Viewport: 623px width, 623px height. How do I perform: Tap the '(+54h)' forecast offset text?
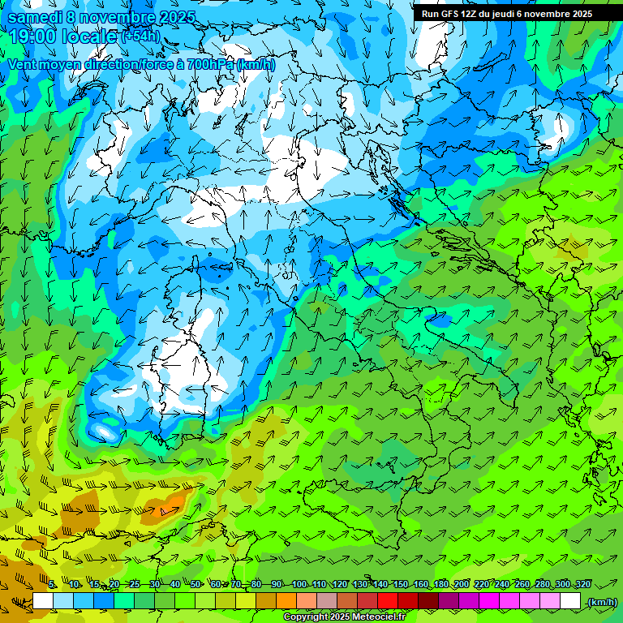point(140,37)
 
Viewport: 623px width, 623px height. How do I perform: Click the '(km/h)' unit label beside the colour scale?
point(601,601)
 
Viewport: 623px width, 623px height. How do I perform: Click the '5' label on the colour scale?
point(52,584)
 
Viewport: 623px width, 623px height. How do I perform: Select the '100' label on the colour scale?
point(299,584)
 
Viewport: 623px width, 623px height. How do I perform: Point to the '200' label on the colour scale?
point(462,584)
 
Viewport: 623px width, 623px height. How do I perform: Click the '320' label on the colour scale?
point(583,584)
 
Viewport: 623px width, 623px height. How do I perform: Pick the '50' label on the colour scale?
point(195,584)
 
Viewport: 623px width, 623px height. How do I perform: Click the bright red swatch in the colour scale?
point(388,601)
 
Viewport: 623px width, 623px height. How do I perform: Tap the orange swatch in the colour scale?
point(286,601)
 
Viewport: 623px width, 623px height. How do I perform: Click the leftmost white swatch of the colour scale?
point(43,601)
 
